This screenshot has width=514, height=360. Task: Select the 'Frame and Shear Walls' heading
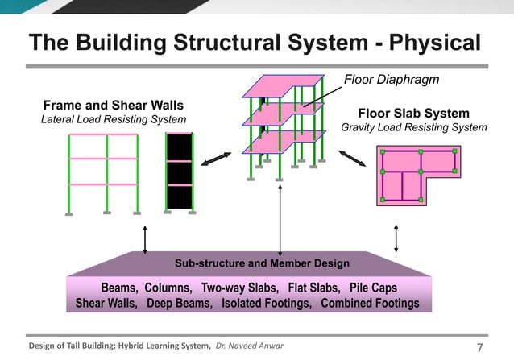pyautogui.click(x=113, y=106)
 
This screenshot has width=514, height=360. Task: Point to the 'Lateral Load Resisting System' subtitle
pyautogui.click(x=114, y=120)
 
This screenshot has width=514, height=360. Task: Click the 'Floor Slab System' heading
pyautogui.click(x=413, y=114)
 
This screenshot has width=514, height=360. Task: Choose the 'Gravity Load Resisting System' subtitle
pyautogui.click(x=413, y=127)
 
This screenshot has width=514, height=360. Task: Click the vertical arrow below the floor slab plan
pyautogui.click(x=396, y=238)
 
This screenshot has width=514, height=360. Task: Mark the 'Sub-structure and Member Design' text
pyautogui.click(x=262, y=263)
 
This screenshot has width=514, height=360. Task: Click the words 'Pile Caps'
pyautogui.click(x=373, y=288)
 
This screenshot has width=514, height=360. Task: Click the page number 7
pyautogui.click(x=481, y=348)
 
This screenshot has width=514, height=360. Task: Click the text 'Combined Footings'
pyautogui.click(x=370, y=304)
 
